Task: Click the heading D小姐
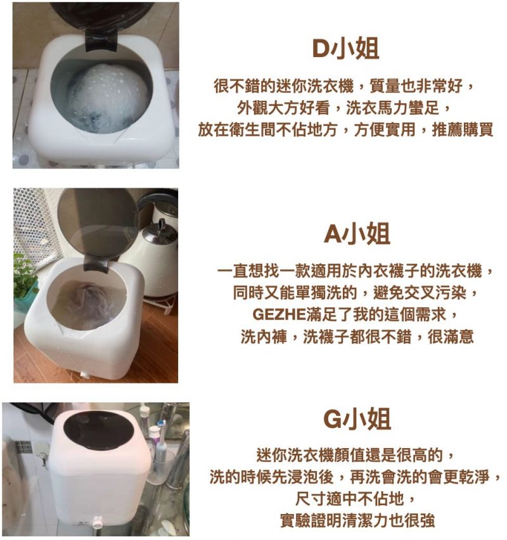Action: click(345, 49)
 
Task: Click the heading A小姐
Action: click(357, 234)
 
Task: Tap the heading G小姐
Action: click(357, 419)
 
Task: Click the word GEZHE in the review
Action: click(279, 314)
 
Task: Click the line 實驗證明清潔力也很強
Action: click(357, 520)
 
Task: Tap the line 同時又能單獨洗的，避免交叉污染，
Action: click(356, 292)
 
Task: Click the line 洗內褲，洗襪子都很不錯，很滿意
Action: click(357, 336)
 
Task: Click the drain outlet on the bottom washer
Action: click(96, 522)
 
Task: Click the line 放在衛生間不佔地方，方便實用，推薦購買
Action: click(345, 129)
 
